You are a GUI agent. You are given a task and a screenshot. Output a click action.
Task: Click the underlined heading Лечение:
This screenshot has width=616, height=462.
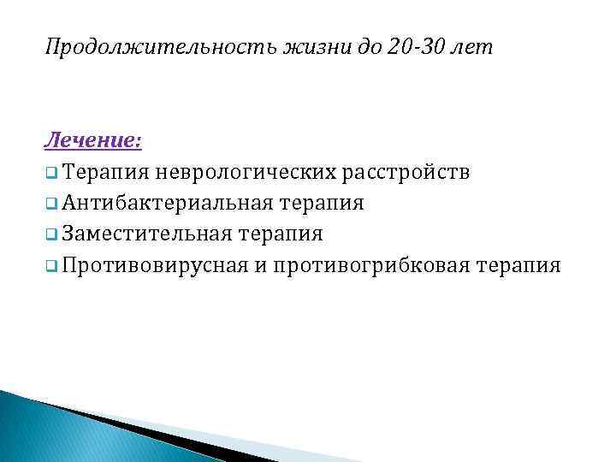(x=94, y=139)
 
